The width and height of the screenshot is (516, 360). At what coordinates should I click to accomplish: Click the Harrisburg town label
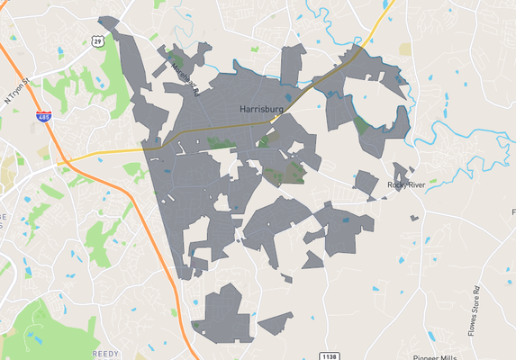[x=262, y=110]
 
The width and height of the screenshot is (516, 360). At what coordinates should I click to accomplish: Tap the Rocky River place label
[x=405, y=184]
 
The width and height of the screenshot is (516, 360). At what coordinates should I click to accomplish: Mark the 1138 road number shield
[x=330, y=356]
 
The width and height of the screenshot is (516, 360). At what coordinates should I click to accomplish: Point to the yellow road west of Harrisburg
[x=99, y=154]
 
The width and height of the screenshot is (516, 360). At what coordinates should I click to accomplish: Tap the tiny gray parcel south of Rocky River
[x=414, y=218]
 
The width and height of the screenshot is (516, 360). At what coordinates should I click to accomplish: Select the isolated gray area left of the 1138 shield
[x=276, y=321]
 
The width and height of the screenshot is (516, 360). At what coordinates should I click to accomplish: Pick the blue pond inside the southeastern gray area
[x=346, y=218]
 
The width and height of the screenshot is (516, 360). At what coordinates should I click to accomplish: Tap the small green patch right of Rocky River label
[x=433, y=182]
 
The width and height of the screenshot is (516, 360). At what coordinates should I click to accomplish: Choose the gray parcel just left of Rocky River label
[x=366, y=183]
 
